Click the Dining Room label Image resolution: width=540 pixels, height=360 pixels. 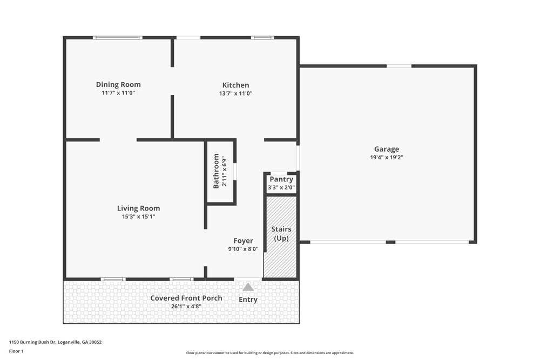click(x=118, y=85)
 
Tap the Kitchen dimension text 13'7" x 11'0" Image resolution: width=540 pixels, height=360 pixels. click(x=235, y=93)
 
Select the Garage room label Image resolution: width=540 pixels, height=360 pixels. click(x=387, y=150)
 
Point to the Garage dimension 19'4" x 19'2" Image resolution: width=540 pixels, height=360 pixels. click(x=387, y=158)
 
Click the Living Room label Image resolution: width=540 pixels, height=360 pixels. click(x=138, y=208)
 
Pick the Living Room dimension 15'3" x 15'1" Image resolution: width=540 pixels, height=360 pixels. click(x=138, y=216)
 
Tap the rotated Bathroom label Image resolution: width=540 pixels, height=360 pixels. click(x=216, y=171)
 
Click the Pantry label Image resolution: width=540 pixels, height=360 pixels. click(x=281, y=180)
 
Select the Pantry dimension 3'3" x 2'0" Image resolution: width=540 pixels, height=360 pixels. click(x=281, y=188)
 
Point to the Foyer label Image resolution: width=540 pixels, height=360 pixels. click(x=243, y=241)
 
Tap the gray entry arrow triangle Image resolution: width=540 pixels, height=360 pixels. click(x=248, y=287)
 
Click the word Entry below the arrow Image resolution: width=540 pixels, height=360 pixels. click(x=248, y=300)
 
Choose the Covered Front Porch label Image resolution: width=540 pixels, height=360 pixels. click(x=186, y=298)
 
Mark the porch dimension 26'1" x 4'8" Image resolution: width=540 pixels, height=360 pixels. click(x=186, y=307)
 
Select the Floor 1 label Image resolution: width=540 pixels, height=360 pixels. click(x=16, y=351)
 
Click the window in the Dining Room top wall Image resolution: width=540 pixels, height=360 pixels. click(x=118, y=38)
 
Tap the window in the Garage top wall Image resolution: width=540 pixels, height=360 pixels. click(x=399, y=66)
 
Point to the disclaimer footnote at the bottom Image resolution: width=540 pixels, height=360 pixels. click(x=269, y=352)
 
